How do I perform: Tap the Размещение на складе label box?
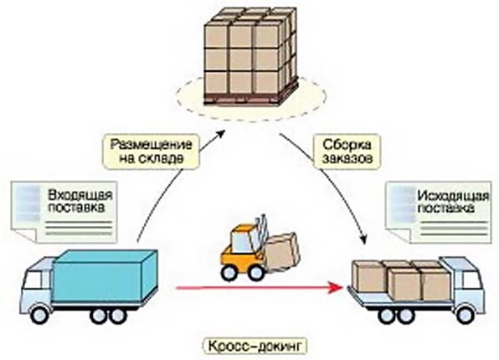pyautogui.click(x=152, y=152)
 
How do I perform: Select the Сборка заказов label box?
pyautogui.click(x=347, y=151)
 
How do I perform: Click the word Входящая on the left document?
pyautogui.click(x=80, y=194)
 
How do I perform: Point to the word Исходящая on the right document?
pyautogui.click(x=453, y=196)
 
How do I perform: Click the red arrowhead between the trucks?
pyautogui.click(x=337, y=287)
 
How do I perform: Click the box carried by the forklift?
pyautogui.click(x=283, y=252)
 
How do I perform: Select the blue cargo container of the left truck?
pyautogui.click(x=105, y=275)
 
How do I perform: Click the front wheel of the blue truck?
pyautogui.click(x=40, y=314)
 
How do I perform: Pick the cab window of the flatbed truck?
pyautogui.click(x=472, y=280)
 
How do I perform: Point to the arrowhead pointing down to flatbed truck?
pyautogui.click(x=364, y=238)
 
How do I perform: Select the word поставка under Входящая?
pyautogui.click(x=75, y=208)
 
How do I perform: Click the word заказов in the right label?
pyautogui.click(x=347, y=158)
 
